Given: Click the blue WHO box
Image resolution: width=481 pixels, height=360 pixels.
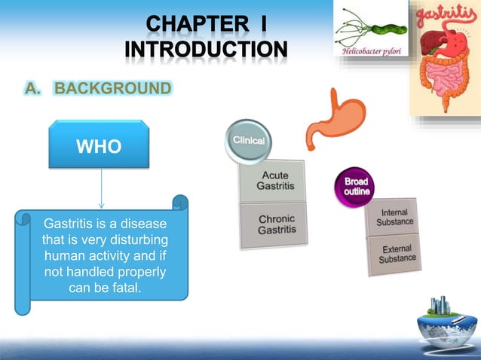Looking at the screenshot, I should pyautogui.click(x=100, y=146).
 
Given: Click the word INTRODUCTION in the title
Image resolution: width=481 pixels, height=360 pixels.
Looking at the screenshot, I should pyautogui.click(x=206, y=52).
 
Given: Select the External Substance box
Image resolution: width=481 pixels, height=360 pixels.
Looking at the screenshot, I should pyautogui.click(x=397, y=254).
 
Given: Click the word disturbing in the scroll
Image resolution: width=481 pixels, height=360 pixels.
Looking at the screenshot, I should pyautogui.click(x=134, y=242).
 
